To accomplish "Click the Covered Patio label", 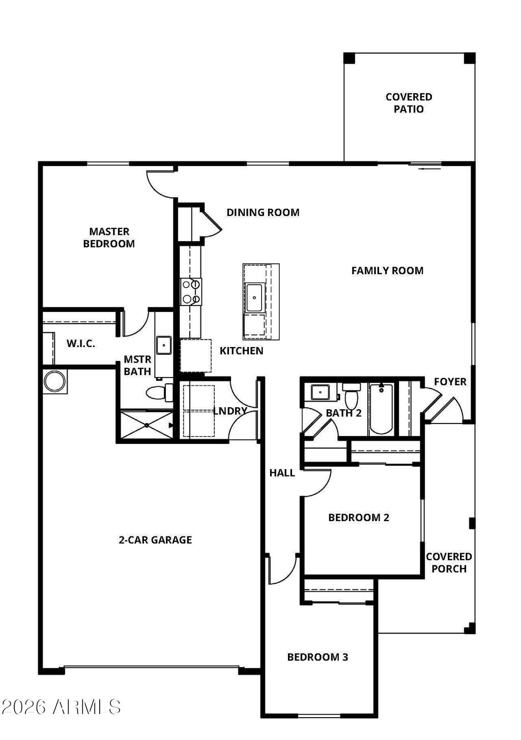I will pyautogui.click(x=409, y=103).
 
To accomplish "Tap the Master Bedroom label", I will pyautogui.click(x=109, y=238).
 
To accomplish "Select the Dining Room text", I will pyautogui.click(x=263, y=212).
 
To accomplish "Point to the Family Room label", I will pyautogui.click(x=387, y=270).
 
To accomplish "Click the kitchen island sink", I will pyautogui.click(x=254, y=298).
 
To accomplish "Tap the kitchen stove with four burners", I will pyautogui.click(x=191, y=292).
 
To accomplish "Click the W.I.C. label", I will pyautogui.click(x=80, y=344).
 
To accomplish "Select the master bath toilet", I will pyautogui.click(x=157, y=392).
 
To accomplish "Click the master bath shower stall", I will pyautogui.click(x=147, y=425).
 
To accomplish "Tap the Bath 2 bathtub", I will pyautogui.click(x=381, y=409).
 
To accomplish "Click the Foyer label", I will pyautogui.click(x=450, y=382).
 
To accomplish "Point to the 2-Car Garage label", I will pyautogui.click(x=155, y=540).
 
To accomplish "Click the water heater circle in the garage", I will pyautogui.click(x=55, y=381).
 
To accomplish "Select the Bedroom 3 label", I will pyautogui.click(x=317, y=657).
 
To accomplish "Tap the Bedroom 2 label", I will pyautogui.click(x=359, y=518).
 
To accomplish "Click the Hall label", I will pyautogui.click(x=282, y=473).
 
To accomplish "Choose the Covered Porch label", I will pyautogui.click(x=449, y=562).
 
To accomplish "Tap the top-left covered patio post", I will pyautogui.click(x=349, y=58).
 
